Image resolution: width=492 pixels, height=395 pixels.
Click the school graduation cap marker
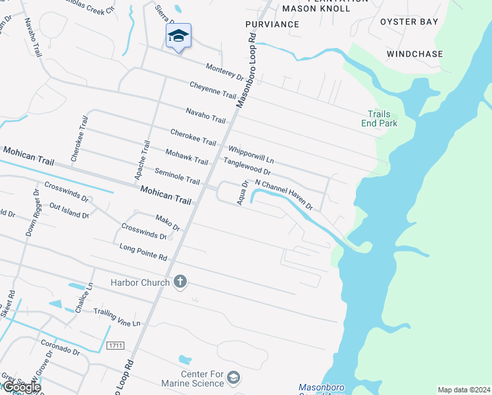pyautogui.click(x=178, y=36)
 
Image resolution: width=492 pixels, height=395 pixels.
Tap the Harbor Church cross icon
pyautogui.click(x=180, y=282)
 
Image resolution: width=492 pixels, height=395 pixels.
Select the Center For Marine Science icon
pyautogui.click(x=234, y=378)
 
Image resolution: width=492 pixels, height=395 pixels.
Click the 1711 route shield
pyautogui.click(x=115, y=346)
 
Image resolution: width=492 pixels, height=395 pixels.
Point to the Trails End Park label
pyautogui.click(x=379, y=118)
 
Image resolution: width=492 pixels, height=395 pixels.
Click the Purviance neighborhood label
pyautogui.click(x=272, y=24)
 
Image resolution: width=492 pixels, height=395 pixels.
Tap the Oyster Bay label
pyautogui.click(x=409, y=22)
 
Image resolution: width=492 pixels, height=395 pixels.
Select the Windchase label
pyautogui.click(x=414, y=54)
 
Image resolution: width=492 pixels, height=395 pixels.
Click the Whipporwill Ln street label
pyautogui.click(x=251, y=155)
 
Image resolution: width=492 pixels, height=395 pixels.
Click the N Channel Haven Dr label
pyautogui.click(x=283, y=194)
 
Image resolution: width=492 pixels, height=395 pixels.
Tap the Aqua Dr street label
pyautogui.click(x=243, y=193)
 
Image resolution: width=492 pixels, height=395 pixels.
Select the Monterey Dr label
pyautogui.click(x=224, y=72)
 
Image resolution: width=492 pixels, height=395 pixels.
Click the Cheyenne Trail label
pyautogui.click(x=212, y=91)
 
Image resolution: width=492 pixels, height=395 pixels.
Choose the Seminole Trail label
pyautogui.click(x=177, y=176)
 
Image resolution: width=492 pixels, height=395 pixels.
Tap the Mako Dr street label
pyautogui.click(x=168, y=223)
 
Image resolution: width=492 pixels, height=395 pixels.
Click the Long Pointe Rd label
pyautogui.click(x=143, y=251)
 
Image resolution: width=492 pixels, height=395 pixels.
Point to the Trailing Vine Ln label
pyautogui.click(x=117, y=317)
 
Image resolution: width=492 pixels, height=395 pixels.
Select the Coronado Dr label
pyautogui.click(x=61, y=347)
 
